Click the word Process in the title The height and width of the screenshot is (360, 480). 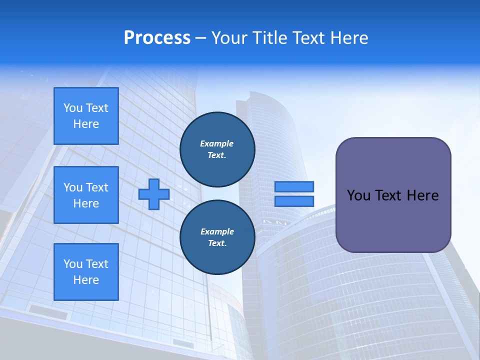tap(157, 38)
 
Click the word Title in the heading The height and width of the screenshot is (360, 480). tap(269, 38)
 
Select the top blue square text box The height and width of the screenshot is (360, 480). tap(86, 116)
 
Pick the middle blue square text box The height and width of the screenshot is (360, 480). tap(86, 195)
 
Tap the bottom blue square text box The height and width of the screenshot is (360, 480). tap(86, 272)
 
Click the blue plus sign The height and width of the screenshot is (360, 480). tap(154, 194)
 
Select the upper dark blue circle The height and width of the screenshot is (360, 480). tap(217, 149)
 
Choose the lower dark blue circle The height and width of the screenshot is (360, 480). tap(217, 237)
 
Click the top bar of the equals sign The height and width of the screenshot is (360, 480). tap(294, 186)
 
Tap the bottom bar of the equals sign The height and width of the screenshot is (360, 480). tap(294, 201)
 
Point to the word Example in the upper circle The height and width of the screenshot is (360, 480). tap(217, 143)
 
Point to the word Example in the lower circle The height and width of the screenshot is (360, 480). tap(217, 231)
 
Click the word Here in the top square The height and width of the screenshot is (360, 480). tap(86, 124)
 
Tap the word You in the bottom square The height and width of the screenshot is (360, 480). tap(73, 264)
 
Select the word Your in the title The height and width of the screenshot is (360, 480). tap(230, 38)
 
